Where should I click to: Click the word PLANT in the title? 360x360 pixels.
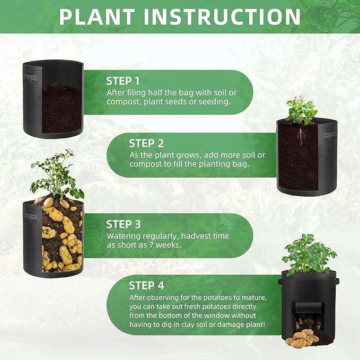pos(97,17)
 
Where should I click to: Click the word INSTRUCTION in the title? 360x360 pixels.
pos(222,17)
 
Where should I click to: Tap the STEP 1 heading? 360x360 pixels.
pos(123,81)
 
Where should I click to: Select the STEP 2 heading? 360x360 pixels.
pos(146,144)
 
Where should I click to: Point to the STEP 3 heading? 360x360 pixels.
pos(124,224)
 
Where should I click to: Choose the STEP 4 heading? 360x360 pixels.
pos(146,286)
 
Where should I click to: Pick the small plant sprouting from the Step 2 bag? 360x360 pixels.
pos(301,111)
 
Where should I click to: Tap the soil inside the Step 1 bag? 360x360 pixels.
pos(62,108)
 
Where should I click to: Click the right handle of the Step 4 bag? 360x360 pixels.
pos(337,281)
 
